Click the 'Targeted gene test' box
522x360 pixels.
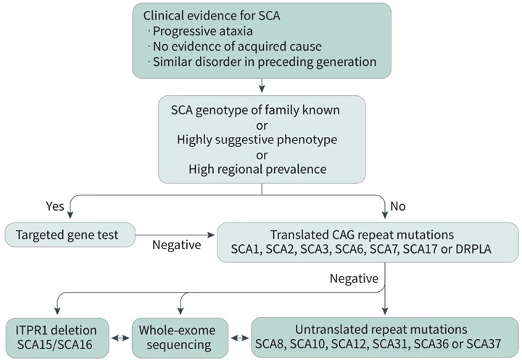tap(70, 235)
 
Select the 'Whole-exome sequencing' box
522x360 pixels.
tap(180, 338)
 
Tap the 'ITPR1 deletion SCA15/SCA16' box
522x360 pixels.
tap(57, 338)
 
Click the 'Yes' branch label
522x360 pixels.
tap(55, 206)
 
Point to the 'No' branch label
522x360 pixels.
tap(398, 206)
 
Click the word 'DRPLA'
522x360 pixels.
tap(473, 249)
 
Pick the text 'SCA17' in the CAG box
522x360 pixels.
tap(420, 249)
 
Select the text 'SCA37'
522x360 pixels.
tap(484, 343)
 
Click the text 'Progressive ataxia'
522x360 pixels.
tap(202, 31)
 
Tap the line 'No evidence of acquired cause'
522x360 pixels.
tap(237, 46)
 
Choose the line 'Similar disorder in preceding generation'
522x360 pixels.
tap(265, 62)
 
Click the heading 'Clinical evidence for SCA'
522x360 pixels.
tap(212, 16)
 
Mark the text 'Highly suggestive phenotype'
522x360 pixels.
tap(257, 140)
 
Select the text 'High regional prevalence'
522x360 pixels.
tap(257, 169)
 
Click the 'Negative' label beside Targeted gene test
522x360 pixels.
tap(176, 245)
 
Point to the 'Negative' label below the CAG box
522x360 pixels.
tap(354, 278)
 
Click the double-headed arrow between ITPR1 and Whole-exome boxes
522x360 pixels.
tap(120, 338)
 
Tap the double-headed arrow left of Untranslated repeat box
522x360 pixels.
tap(240, 338)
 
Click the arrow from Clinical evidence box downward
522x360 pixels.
tap(262, 85)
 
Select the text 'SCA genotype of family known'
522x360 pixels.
tap(255, 110)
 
